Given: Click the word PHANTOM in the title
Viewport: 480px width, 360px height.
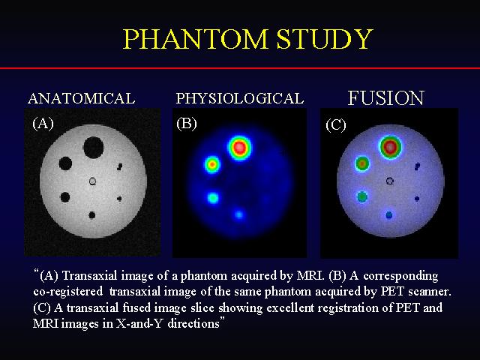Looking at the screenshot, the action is (x=196, y=39).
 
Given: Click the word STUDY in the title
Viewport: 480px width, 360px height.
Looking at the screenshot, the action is (x=325, y=39).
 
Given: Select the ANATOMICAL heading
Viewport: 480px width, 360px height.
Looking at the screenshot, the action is (x=82, y=98).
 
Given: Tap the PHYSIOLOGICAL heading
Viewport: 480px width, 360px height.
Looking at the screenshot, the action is (x=240, y=98).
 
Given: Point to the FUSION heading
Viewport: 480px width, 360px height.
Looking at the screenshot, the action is (x=386, y=98).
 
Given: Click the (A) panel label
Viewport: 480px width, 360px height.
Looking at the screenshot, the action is (x=43, y=124).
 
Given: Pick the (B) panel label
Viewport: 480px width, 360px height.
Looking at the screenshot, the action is (x=187, y=124).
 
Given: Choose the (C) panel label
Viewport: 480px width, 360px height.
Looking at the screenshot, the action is (x=336, y=125).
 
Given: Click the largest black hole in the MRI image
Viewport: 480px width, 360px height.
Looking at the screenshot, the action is (x=93, y=148).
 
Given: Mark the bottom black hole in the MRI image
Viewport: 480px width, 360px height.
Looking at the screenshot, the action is (x=91, y=215).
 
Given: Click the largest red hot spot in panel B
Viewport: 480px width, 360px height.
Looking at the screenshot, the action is (x=240, y=148).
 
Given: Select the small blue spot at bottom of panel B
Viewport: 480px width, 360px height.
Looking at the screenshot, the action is (x=239, y=214).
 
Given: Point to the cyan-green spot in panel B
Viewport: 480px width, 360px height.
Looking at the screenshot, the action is (x=213, y=198).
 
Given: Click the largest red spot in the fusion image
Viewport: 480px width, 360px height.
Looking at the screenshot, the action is (x=390, y=147).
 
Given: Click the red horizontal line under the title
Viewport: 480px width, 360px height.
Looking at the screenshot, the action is (x=240, y=68).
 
